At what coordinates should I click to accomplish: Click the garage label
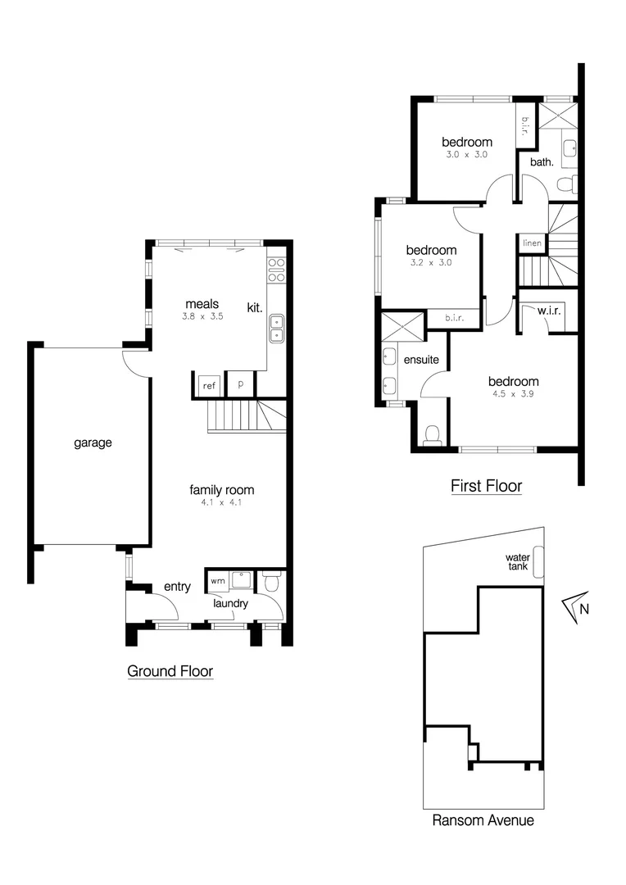point(93,442)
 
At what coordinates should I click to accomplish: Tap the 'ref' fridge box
point(208,384)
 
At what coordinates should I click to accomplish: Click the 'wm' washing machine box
point(217,580)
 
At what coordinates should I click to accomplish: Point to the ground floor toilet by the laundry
point(271,583)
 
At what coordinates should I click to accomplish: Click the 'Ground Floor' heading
point(170,671)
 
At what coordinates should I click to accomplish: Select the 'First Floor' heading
point(486,486)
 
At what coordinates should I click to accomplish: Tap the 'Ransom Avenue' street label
point(483,819)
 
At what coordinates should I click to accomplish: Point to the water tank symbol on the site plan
point(538,562)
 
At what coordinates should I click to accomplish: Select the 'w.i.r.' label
point(548,311)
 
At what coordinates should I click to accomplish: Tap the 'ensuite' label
point(421,359)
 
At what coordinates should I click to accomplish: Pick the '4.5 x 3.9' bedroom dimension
point(513,394)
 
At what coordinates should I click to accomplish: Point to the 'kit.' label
point(254,308)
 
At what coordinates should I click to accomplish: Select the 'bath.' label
point(542,162)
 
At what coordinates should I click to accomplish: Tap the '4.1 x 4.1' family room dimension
point(221,503)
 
